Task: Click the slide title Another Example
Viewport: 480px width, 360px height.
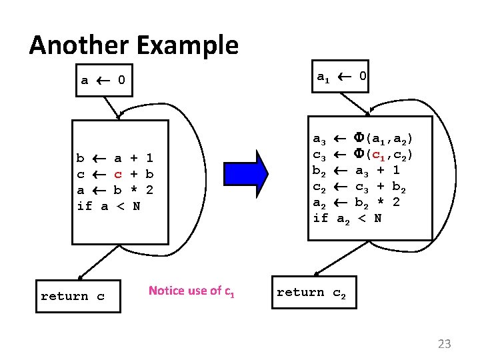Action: click(133, 45)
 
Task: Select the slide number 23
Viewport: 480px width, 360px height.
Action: click(444, 344)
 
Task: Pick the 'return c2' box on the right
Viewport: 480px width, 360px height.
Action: click(311, 292)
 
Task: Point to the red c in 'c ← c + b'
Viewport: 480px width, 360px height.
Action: click(117, 175)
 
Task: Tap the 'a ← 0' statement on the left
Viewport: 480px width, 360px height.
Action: click(103, 81)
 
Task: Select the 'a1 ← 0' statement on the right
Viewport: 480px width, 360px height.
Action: click(341, 77)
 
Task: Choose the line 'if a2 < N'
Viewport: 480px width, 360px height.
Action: click(347, 218)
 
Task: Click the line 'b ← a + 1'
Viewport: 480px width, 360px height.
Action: click(115, 159)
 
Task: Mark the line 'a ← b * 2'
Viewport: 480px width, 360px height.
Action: click(115, 190)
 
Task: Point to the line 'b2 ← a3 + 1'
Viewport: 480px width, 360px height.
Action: click(356, 170)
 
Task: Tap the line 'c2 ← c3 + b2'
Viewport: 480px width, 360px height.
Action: click(356, 186)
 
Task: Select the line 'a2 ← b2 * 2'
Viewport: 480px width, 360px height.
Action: click(356, 202)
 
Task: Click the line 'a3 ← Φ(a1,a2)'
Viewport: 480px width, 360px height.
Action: click(363, 139)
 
